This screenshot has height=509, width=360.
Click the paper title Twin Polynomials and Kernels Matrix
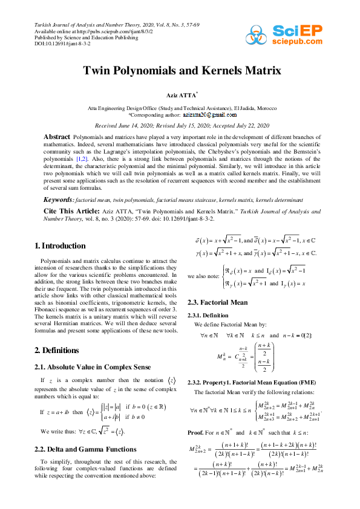[182, 71]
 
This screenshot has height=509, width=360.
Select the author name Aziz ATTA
[181, 96]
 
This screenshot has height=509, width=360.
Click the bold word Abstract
[57, 137]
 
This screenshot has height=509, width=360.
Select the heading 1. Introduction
[60, 245]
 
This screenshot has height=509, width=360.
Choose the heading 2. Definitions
[58, 350]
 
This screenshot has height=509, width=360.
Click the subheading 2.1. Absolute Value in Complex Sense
[86, 367]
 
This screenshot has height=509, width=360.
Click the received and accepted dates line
[181, 125]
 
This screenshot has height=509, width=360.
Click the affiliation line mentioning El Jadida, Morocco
[181, 108]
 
